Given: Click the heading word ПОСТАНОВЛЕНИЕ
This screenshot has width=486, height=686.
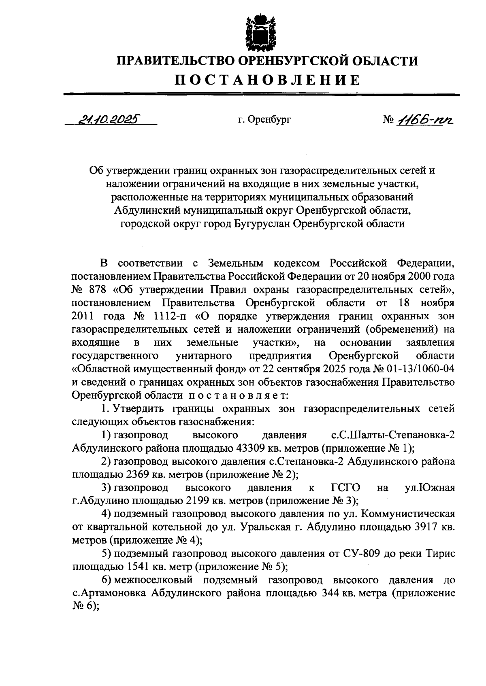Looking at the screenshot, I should tap(267, 80).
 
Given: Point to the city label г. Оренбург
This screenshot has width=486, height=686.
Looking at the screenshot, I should tap(264, 120).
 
